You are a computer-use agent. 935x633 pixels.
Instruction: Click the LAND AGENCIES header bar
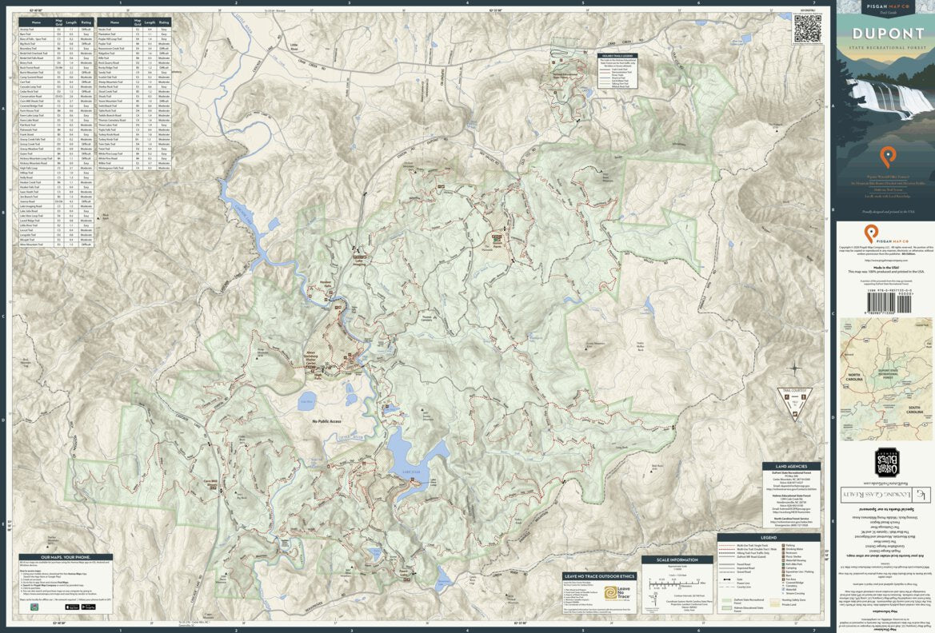tap(791, 467)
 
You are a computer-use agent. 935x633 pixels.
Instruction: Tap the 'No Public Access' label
tap(326, 421)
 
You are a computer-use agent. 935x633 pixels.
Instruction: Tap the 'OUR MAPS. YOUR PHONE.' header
tap(66, 579)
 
